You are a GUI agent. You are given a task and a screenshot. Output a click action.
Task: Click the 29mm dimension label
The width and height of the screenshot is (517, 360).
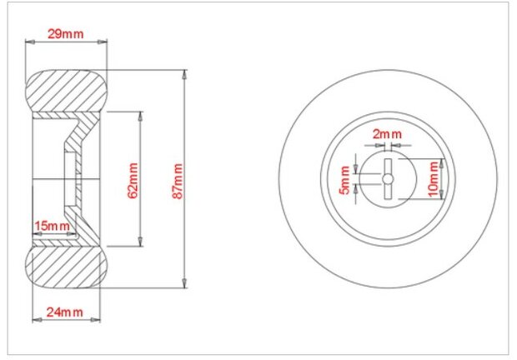[65, 34]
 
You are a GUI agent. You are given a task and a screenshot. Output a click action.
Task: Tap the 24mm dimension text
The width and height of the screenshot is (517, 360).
[65, 312]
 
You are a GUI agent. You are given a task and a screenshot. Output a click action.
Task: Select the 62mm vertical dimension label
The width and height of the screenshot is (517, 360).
[133, 181]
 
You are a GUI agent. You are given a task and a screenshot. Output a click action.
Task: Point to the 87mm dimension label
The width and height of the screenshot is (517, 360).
[178, 181]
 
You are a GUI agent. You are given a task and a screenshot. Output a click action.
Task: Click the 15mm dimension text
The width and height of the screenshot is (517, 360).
[52, 226]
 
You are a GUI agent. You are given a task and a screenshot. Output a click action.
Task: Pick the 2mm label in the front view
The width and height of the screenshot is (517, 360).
[387, 134]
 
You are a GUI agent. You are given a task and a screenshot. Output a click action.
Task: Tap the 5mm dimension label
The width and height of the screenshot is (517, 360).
[344, 180]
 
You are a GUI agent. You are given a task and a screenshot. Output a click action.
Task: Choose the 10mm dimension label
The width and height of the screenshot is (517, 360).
[434, 179]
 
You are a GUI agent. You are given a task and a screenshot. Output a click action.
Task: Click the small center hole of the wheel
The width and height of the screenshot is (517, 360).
[388, 179]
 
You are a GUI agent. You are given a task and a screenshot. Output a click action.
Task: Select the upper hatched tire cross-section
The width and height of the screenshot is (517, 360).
[66, 91]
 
